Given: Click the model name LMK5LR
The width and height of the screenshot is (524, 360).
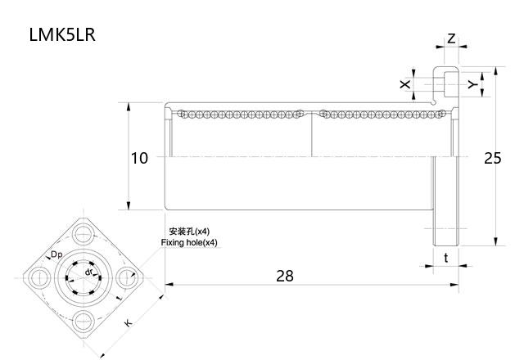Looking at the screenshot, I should coord(62,35).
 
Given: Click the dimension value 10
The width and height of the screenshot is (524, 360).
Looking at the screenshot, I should coord(140,158).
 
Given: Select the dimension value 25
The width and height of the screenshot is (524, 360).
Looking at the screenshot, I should coord(492,158).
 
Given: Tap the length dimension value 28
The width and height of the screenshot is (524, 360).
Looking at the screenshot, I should coord(284,276).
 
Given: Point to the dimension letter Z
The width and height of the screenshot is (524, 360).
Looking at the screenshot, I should coord(451,38).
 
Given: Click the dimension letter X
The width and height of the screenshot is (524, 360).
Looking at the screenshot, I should coord(404,84).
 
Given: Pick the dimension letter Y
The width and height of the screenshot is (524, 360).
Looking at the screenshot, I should coord(472,84).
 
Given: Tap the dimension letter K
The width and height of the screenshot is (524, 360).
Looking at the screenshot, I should coord(128,324).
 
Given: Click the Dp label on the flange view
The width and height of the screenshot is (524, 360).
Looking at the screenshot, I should coord(57,255).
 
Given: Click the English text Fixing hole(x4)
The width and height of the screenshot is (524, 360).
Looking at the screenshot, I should coord(190,243).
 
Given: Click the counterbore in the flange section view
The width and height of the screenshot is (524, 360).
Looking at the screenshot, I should coord(445,82).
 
